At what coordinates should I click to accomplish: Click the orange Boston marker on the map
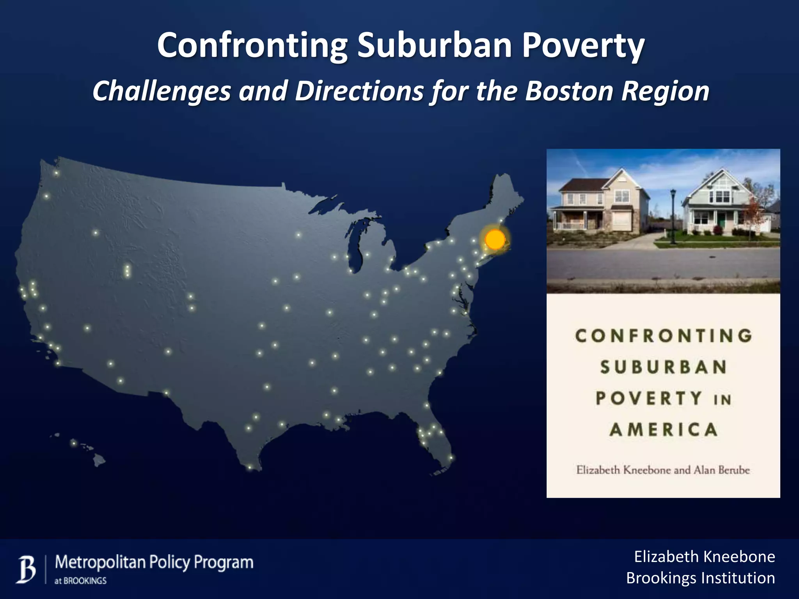pos(495,239)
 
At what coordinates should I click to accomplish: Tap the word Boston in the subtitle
pos(569,91)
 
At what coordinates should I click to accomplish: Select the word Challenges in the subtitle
pos(162,91)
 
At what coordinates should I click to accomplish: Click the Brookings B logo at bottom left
pos(26,570)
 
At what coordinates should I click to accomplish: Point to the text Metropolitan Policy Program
pos(154,562)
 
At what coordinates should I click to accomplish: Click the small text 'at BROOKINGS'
pos(80,581)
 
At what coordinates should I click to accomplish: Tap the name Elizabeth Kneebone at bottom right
pos(704,557)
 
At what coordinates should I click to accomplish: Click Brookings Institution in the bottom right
pos(700,578)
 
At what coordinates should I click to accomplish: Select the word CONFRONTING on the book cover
pos(663,336)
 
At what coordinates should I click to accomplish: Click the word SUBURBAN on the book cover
pos(663,367)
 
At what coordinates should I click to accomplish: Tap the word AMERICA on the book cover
pos(663,430)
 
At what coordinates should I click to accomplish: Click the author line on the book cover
pos(663,470)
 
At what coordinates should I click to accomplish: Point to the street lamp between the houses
pos(673,216)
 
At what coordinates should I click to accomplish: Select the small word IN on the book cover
pos(722,400)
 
